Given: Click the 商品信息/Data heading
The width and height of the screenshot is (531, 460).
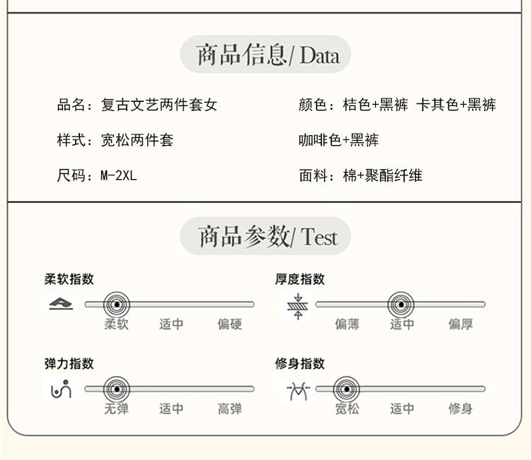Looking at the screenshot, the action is [265, 54].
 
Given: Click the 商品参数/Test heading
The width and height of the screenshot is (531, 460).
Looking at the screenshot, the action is [265, 236].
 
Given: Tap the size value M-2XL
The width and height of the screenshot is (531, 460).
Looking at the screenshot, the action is [118, 175].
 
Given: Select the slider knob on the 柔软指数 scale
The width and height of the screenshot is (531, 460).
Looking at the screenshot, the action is [117, 305].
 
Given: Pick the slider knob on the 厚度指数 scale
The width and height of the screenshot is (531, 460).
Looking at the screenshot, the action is [401, 305].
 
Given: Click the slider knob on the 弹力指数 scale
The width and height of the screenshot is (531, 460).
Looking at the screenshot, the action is [117, 389].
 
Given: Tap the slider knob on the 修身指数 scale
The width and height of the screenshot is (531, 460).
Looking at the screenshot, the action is [346, 389].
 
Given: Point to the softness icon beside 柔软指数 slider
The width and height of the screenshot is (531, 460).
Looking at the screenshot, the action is [61, 304].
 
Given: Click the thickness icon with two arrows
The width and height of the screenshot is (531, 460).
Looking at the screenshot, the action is [298, 306].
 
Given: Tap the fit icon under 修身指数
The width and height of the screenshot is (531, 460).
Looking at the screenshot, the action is [298, 389].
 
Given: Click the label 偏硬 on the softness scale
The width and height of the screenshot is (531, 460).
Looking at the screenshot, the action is [229, 324].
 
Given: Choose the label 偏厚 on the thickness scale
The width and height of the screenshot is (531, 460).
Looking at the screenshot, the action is [460, 324].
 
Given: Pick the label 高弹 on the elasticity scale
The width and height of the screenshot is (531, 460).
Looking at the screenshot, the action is [229, 408].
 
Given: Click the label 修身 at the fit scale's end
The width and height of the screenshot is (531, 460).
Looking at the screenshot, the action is [460, 408].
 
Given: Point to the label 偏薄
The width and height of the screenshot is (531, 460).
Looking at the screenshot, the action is [347, 324].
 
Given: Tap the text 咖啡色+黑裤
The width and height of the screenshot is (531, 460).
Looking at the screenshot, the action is [338, 140].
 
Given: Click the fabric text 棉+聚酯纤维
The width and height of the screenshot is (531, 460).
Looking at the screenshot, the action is [382, 175].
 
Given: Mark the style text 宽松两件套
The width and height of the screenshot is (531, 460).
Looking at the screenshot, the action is [137, 140].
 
